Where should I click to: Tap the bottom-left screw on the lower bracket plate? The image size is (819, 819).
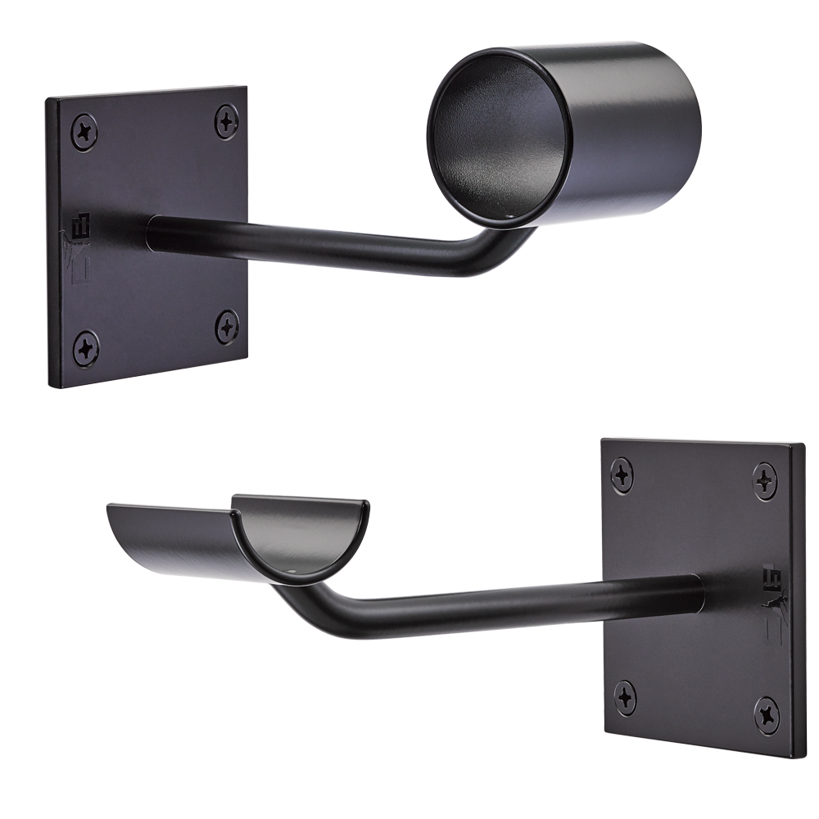tap(626, 696)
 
